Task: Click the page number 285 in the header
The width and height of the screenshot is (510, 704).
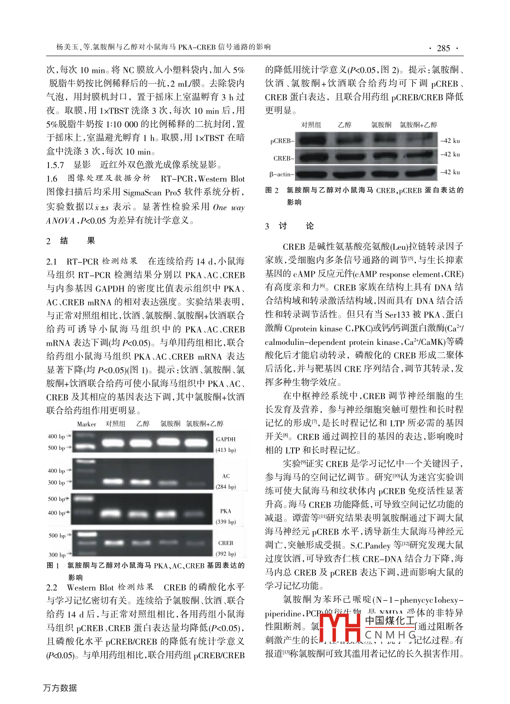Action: coord(443,48)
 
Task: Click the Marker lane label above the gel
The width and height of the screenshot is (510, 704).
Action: coord(86,424)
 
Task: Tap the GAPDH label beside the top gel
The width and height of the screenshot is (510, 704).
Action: coord(226,439)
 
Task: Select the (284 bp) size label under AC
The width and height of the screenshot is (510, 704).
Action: coord(226,487)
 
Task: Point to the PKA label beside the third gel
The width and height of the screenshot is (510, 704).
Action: coord(226,511)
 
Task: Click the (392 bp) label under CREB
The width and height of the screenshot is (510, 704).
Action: coord(226,554)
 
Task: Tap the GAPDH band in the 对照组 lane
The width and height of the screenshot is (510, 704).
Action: coord(113,443)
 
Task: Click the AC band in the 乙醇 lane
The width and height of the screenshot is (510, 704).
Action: coord(141,482)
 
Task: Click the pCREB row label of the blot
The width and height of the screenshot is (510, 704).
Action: coord(282,141)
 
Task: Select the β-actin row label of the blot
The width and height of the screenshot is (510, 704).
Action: coord(281,175)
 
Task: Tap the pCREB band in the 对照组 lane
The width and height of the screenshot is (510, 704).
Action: coord(312,140)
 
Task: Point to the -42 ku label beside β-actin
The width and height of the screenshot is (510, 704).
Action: coord(450,172)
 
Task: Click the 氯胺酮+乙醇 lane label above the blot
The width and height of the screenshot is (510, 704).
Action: coord(418,125)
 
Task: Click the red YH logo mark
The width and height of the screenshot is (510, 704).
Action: coord(340,627)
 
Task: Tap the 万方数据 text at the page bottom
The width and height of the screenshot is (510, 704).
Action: coord(60,688)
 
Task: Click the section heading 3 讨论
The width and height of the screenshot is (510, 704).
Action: coord(289,226)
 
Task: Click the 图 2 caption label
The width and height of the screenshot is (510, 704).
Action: coord(272,190)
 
